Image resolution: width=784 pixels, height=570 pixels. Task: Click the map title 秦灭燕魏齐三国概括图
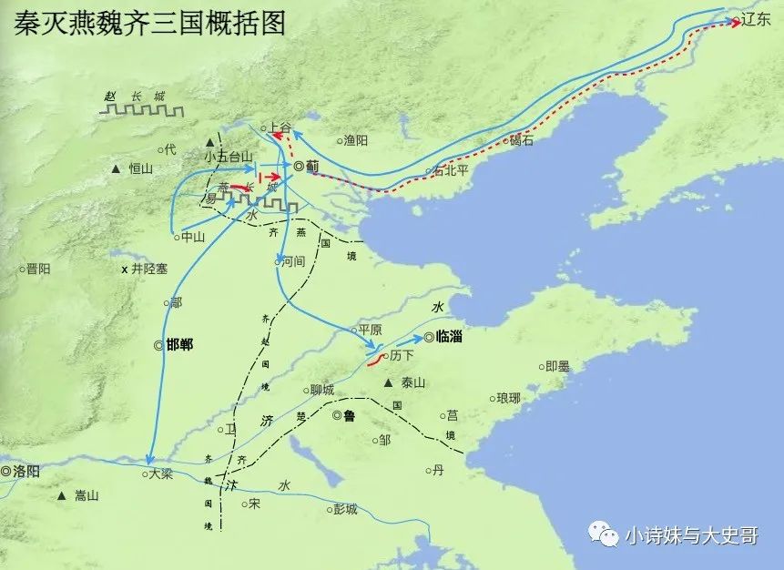[x=150, y=24]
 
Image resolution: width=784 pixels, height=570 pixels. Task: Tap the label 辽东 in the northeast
[x=756, y=19]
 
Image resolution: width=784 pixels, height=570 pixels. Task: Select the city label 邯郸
[x=178, y=345]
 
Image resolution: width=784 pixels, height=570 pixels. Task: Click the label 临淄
[x=450, y=336]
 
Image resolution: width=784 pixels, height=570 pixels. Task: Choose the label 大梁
[x=160, y=473]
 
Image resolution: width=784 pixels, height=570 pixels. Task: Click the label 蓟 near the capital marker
[x=312, y=166]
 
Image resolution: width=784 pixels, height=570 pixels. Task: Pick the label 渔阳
[x=356, y=140]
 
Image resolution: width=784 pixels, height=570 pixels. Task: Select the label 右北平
[x=451, y=169]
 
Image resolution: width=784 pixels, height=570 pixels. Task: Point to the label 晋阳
[x=38, y=269]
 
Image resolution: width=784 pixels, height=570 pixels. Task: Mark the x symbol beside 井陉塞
[x=125, y=270]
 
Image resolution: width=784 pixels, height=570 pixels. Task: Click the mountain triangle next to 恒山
[x=116, y=169]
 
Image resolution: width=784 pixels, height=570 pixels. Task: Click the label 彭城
[x=346, y=508]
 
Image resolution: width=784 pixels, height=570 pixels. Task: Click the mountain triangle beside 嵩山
[x=61, y=496]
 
